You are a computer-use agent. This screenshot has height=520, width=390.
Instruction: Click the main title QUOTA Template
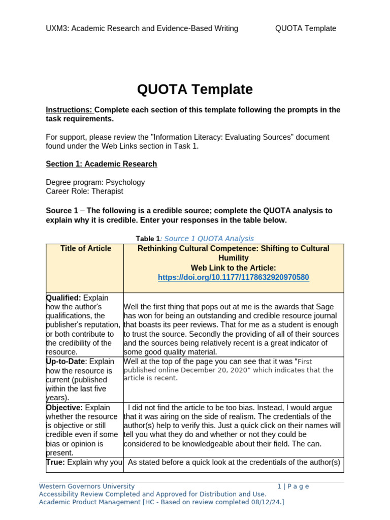[194, 89]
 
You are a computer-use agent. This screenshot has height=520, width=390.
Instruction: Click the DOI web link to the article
[233, 277]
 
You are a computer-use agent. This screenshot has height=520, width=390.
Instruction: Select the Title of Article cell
[85, 248]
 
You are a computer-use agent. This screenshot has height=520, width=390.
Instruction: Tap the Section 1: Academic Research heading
[101, 164]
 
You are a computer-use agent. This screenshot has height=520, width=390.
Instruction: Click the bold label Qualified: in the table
[63, 298]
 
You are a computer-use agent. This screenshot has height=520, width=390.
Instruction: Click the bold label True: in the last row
[55, 462]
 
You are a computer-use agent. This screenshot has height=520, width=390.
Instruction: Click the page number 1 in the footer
[279, 486]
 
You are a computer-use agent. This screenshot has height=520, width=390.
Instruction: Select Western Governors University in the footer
[87, 486]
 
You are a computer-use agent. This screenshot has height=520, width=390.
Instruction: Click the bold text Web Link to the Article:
[233, 268]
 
